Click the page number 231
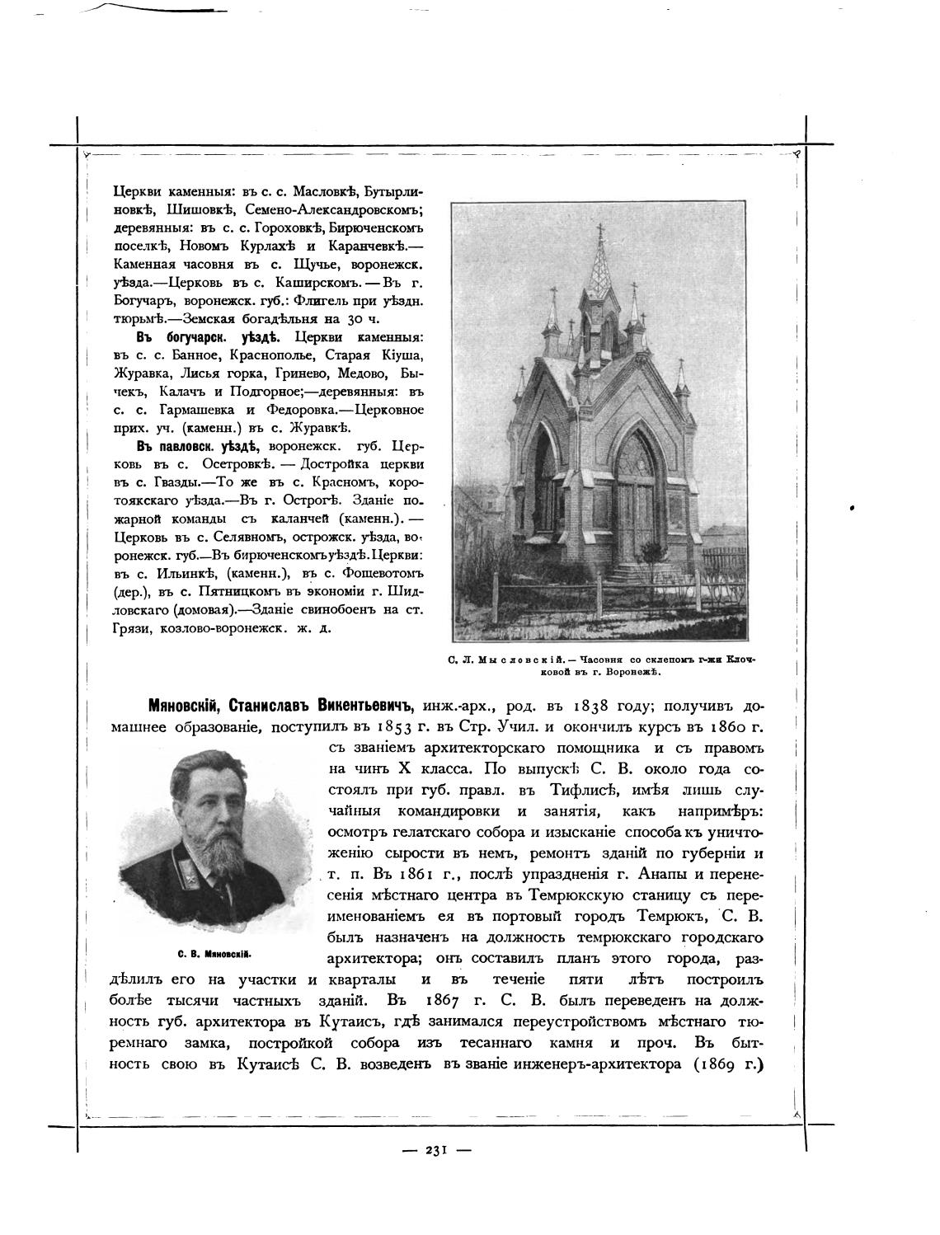tap(436, 1151)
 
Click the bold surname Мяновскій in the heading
tap(185, 707)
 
